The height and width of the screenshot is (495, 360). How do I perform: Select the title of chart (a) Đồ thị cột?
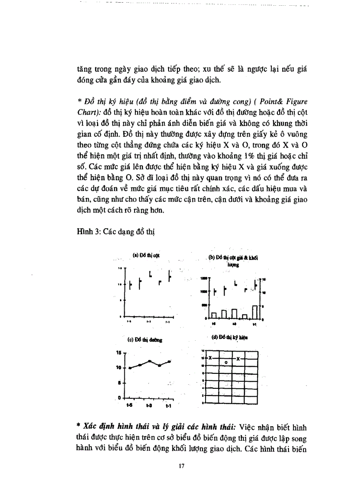point(146,256)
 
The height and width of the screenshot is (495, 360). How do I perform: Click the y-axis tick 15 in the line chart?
point(119,353)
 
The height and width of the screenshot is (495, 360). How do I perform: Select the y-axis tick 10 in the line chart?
point(119,368)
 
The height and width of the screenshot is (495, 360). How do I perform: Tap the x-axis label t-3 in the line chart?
point(149,405)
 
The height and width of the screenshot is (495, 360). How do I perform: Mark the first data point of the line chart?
point(130,368)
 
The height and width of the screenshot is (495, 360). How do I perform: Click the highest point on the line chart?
point(150,361)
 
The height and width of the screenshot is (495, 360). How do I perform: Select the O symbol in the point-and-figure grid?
point(225,362)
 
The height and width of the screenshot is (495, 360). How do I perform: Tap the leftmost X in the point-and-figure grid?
point(211,358)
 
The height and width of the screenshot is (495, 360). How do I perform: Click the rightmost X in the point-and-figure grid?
point(238,358)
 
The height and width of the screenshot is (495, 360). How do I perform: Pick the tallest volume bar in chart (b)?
point(255,312)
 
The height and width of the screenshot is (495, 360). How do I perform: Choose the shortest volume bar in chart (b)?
point(245,316)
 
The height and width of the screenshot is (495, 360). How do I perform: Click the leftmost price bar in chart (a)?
point(130,285)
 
